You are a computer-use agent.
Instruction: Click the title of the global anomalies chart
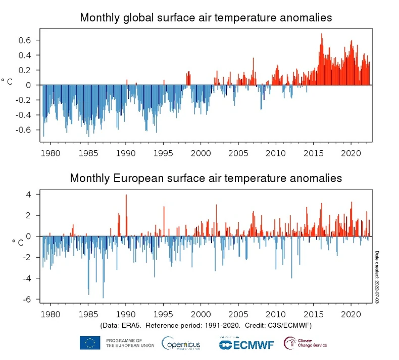(x=206, y=18)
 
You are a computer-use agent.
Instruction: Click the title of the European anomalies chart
(x=206, y=178)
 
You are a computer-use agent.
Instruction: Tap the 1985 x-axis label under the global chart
(x=88, y=152)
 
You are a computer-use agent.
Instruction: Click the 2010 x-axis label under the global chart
(x=276, y=152)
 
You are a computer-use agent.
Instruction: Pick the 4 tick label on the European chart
(x=29, y=195)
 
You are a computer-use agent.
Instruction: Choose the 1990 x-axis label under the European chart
(x=126, y=314)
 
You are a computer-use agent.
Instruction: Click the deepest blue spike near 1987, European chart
(x=103, y=297)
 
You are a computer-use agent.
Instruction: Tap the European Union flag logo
(x=89, y=343)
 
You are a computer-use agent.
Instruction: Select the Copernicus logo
(x=181, y=343)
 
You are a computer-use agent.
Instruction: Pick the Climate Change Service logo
(x=306, y=343)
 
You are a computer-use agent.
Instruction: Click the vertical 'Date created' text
(x=376, y=277)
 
